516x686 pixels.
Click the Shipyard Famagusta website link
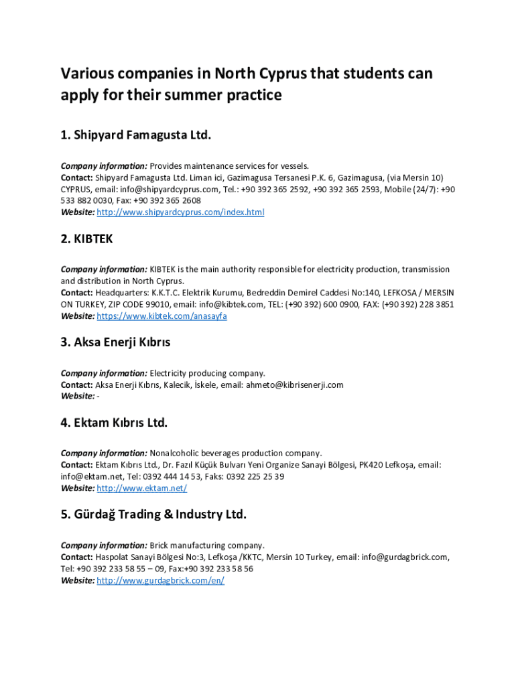click(180, 212)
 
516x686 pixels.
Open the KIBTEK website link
click(162, 316)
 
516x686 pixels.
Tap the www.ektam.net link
click(141, 488)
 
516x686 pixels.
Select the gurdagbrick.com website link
click(160, 580)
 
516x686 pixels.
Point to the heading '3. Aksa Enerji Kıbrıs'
click(115, 342)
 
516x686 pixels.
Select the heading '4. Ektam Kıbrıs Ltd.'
click(114, 423)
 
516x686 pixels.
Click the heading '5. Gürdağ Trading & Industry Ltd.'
click(153, 514)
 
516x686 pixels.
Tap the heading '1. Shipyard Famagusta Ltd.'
click(135, 135)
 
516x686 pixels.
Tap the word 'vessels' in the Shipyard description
click(294, 165)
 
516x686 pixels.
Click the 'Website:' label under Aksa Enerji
click(78, 396)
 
